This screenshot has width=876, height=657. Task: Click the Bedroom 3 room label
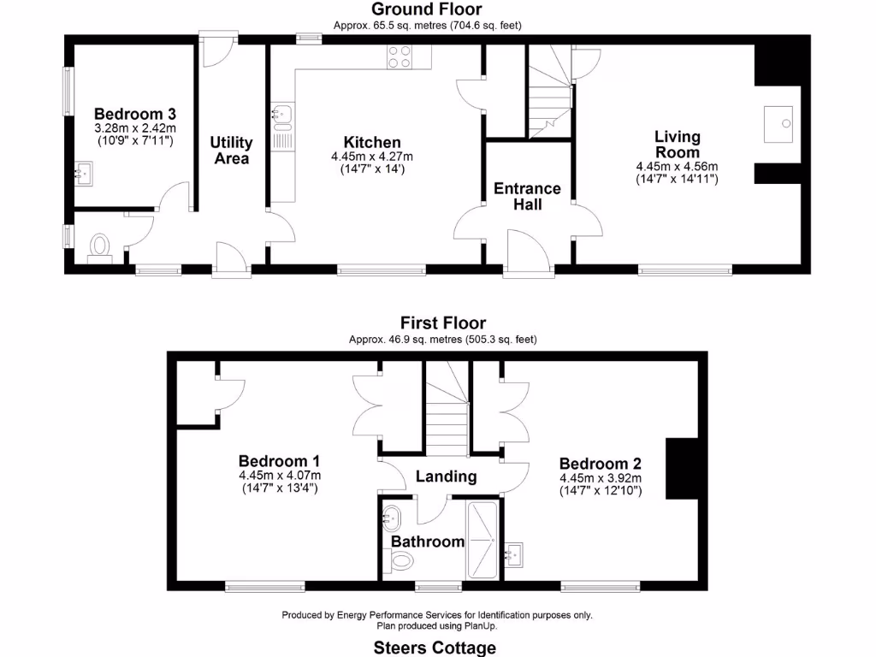coord(135,114)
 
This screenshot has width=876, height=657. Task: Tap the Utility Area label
coord(231,151)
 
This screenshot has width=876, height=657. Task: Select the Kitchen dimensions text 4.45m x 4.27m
coord(371,157)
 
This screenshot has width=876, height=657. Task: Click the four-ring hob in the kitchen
coord(400,56)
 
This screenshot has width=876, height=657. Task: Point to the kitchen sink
coord(282,115)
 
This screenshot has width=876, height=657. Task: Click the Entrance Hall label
coord(527,196)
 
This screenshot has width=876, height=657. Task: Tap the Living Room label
coord(677,144)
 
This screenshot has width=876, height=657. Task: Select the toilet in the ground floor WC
coord(101,247)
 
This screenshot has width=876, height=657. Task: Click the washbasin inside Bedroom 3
coord(84,175)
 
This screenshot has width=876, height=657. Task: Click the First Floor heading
coord(443,323)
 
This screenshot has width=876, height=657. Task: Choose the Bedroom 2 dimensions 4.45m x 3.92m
coord(601,478)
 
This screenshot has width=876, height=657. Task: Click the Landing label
coord(446,476)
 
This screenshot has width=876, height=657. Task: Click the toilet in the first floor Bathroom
coord(400,560)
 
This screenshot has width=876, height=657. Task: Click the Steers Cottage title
coord(435,648)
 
